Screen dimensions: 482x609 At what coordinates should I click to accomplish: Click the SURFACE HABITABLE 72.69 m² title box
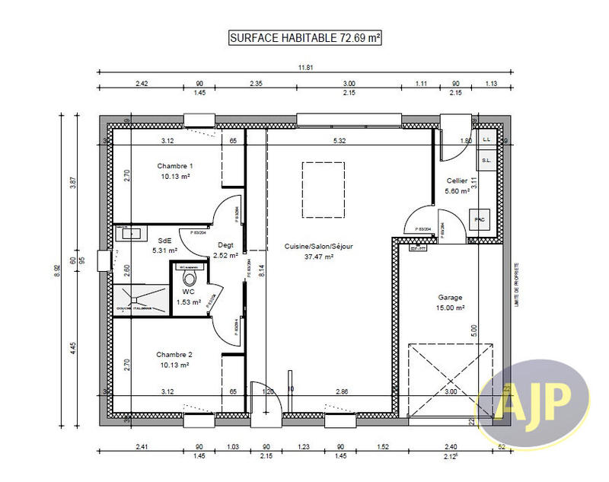(x=304, y=38)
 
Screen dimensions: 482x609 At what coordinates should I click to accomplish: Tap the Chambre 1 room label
(x=175, y=166)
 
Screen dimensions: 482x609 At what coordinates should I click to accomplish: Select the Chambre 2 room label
(x=175, y=355)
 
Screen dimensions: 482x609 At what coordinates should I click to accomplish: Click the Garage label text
(x=450, y=298)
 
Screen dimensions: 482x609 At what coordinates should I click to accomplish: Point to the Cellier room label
(x=457, y=180)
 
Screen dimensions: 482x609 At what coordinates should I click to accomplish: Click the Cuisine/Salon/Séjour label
(x=319, y=246)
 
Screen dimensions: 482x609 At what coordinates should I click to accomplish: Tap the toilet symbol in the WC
(x=190, y=279)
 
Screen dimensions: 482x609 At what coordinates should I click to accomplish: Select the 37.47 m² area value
(x=319, y=257)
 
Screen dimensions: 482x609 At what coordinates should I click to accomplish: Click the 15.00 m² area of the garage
(x=450, y=308)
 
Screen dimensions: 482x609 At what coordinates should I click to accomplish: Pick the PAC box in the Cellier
(x=480, y=219)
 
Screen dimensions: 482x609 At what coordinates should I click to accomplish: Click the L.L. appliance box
(x=486, y=139)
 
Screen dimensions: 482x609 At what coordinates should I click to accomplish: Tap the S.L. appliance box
(x=486, y=160)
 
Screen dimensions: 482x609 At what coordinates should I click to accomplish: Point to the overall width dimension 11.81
(x=304, y=68)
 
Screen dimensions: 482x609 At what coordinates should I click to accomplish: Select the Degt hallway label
(x=225, y=244)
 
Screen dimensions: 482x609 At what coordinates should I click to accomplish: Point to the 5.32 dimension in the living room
(x=340, y=141)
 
